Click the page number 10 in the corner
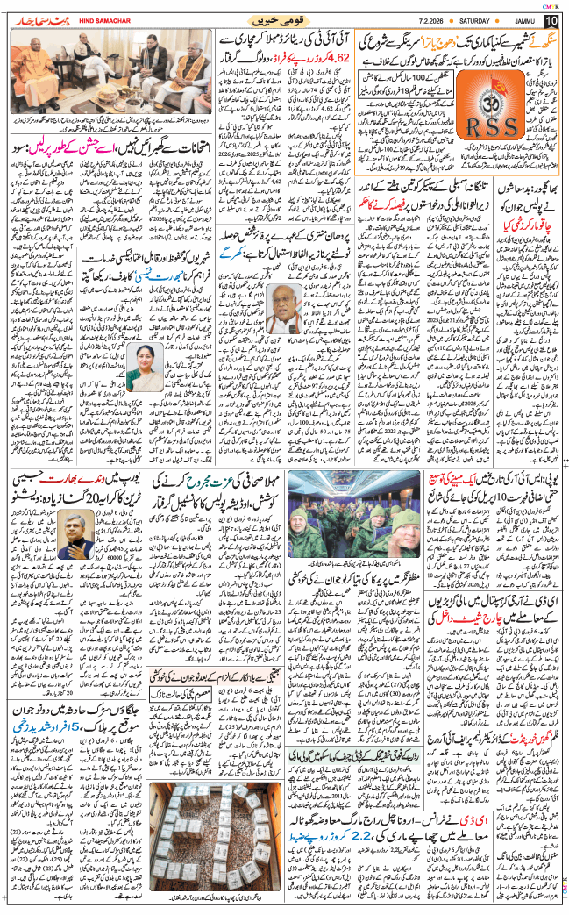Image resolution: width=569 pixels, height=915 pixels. (x=551, y=19)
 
